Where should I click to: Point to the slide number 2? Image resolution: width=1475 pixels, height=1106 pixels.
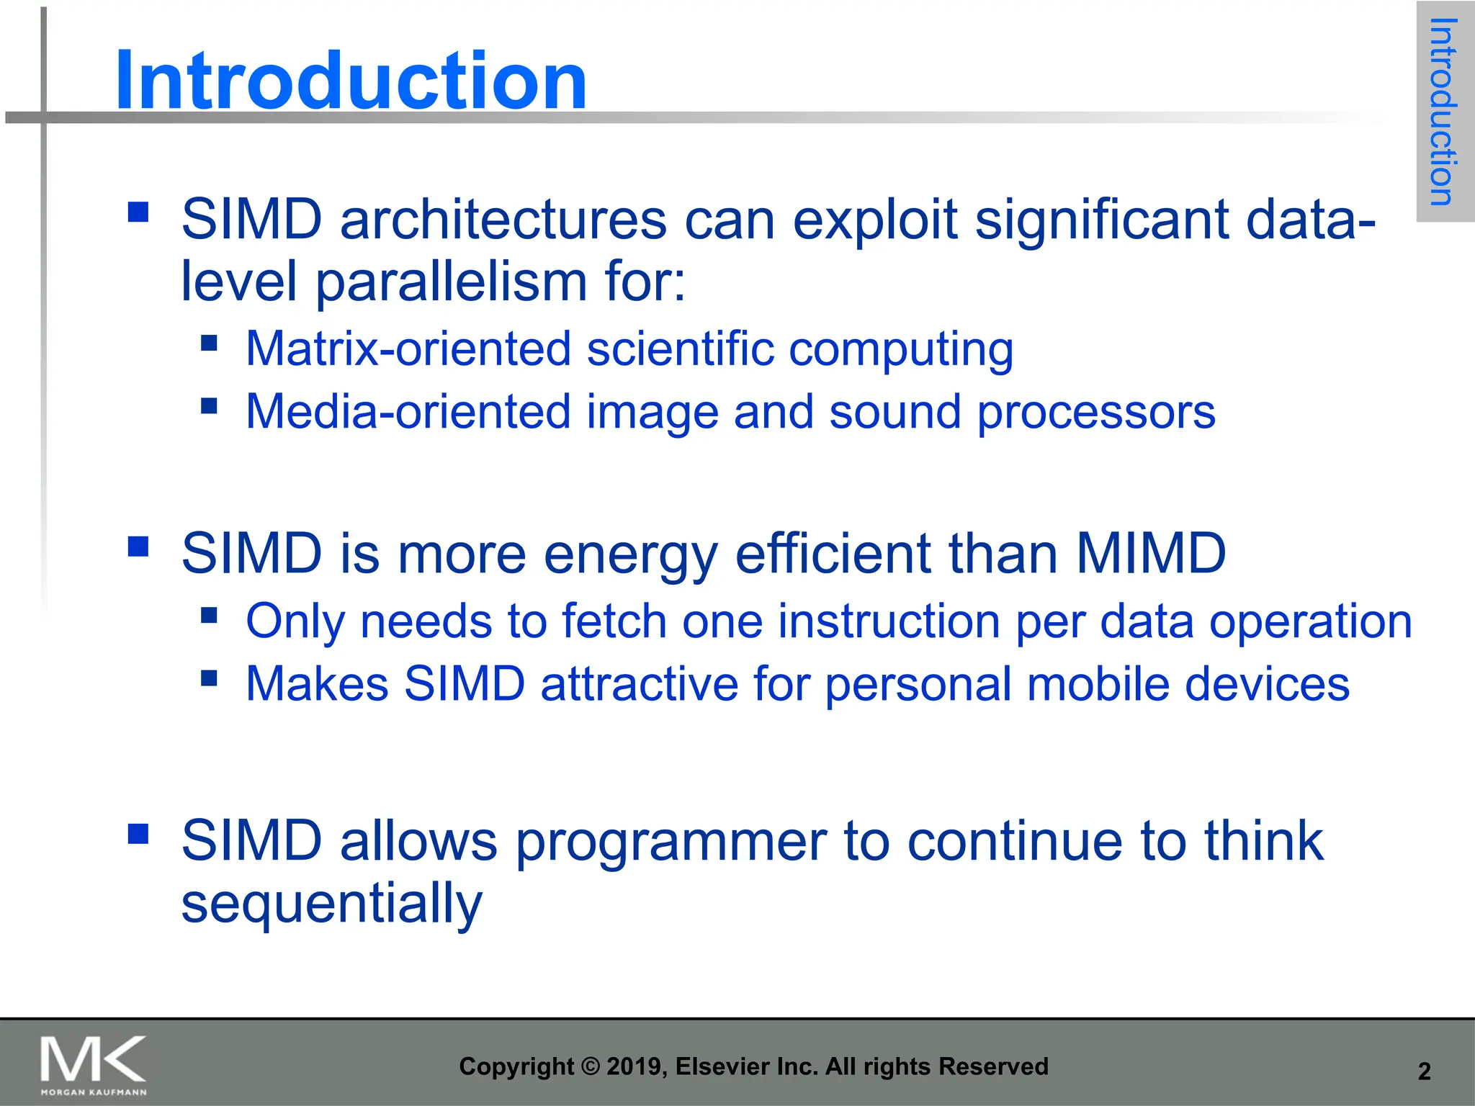pyautogui.click(x=1424, y=1071)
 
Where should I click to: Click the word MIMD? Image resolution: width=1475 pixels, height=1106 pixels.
pyautogui.click(x=1150, y=553)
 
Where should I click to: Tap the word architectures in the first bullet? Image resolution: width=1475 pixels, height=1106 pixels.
pyautogui.click(x=503, y=219)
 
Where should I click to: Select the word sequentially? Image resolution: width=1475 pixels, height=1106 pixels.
pyautogui.click(x=331, y=903)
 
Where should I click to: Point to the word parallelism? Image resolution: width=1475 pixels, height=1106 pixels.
pyautogui.click(x=452, y=281)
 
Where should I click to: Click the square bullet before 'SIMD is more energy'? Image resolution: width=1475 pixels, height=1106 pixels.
pyautogui.click(x=138, y=547)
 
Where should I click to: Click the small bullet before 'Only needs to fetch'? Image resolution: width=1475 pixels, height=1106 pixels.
pyautogui.click(x=209, y=615)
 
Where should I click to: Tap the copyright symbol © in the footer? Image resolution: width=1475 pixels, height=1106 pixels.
pyautogui.click(x=590, y=1066)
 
